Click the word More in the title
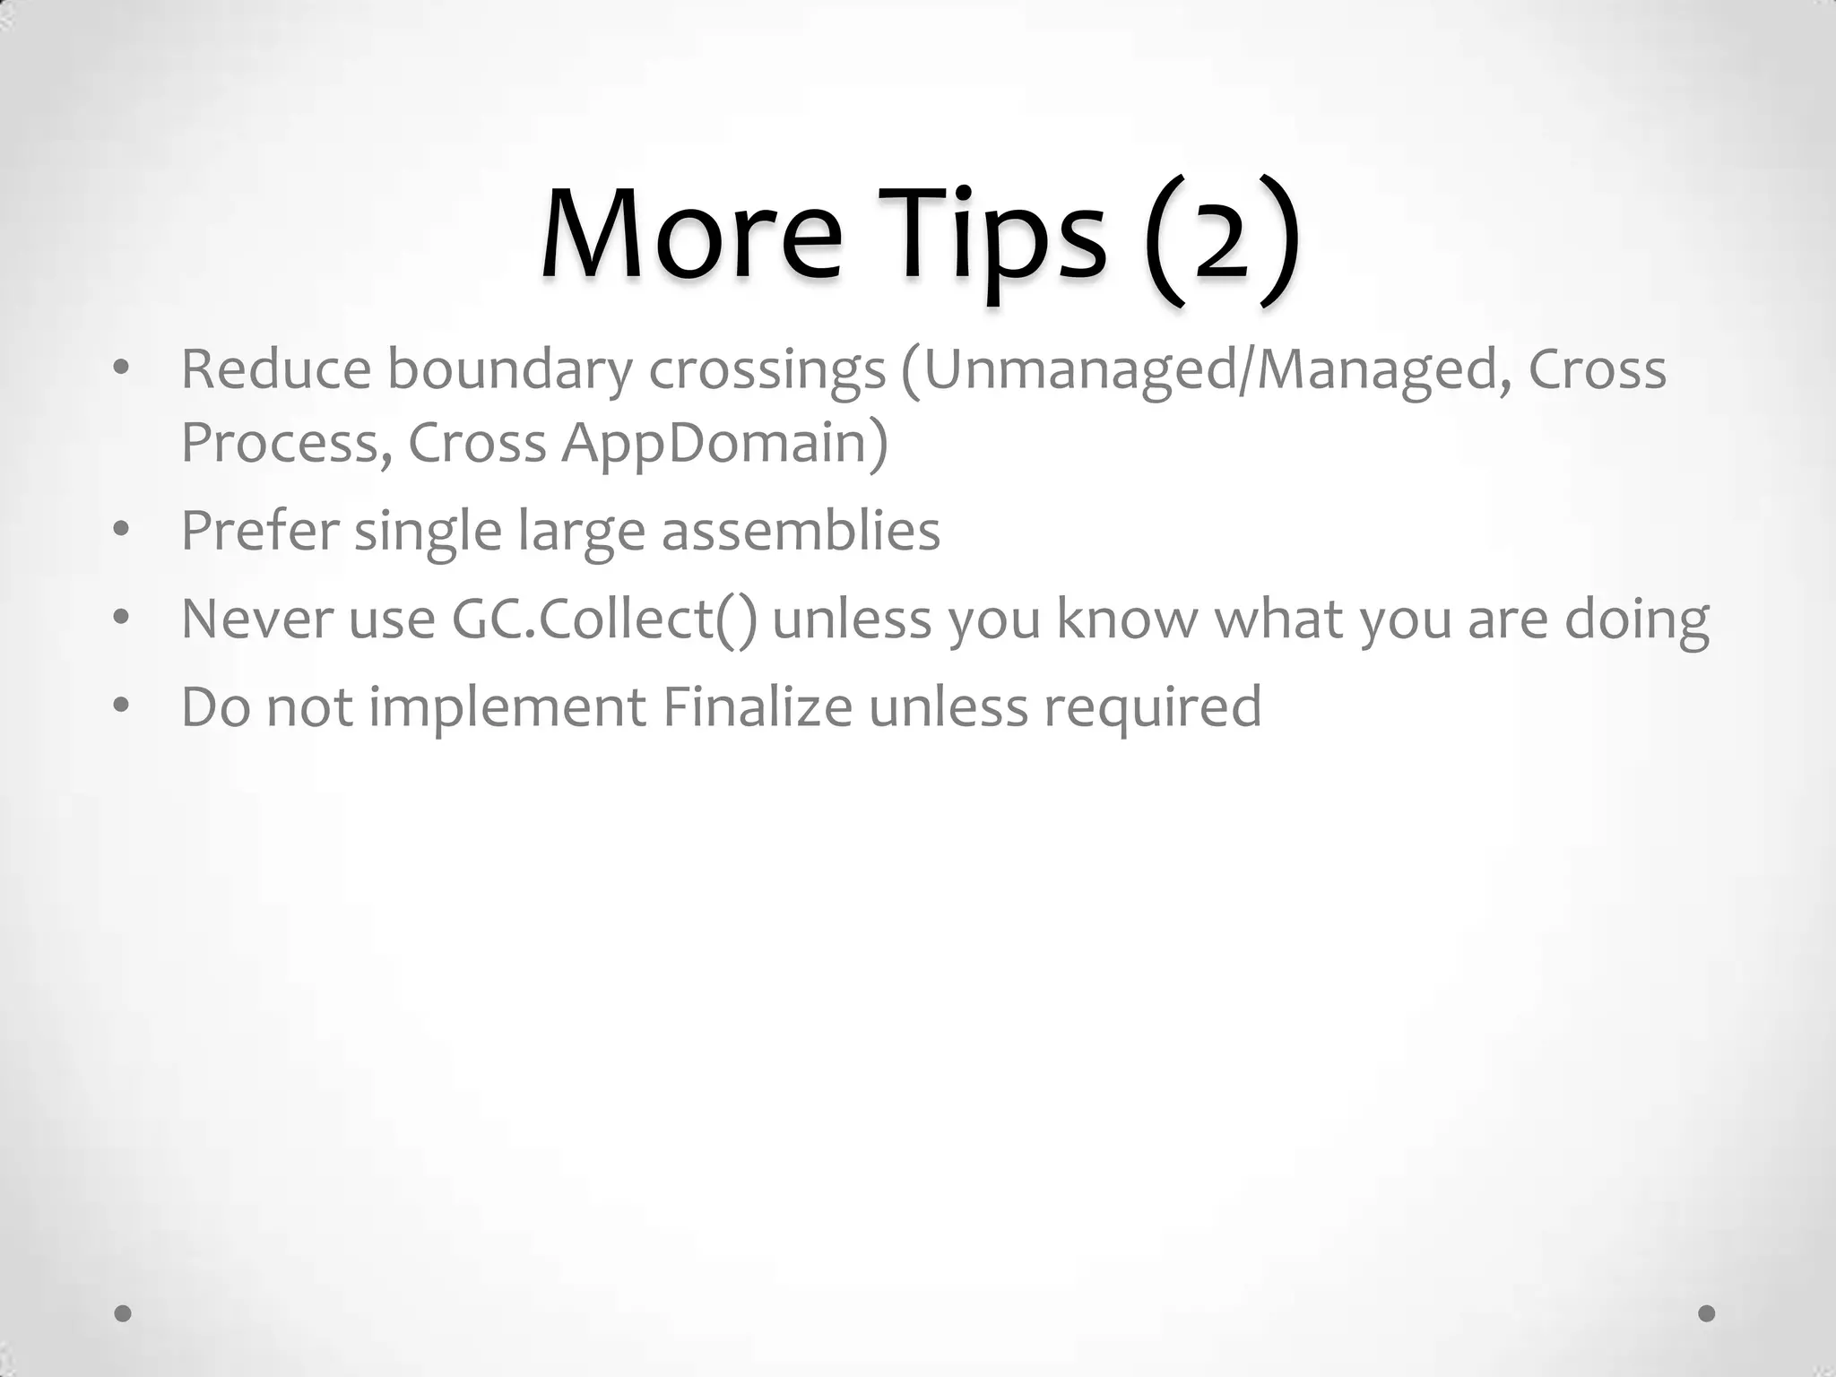[x=691, y=235]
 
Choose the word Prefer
[x=260, y=530]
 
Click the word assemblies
[x=801, y=530]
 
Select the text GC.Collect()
[x=604, y=619]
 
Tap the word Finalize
[x=758, y=706]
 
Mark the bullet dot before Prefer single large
[x=122, y=529]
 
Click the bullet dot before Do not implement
[x=122, y=705]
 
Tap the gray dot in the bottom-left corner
[x=124, y=1313]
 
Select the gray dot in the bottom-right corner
[x=1707, y=1313]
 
